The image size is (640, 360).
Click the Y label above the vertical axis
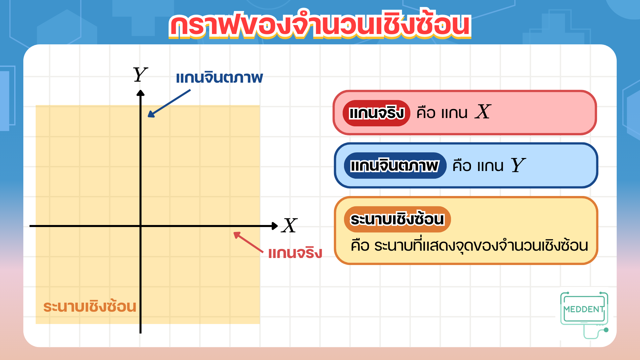pyautogui.click(x=140, y=75)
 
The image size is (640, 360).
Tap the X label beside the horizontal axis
pyautogui.click(x=289, y=225)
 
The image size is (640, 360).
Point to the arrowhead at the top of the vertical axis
pyautogui.click(x=140, y=93)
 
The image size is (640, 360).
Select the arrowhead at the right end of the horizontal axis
pyautogui.click(x=275, y=226)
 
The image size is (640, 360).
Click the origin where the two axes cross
pyautogui.click(x=140, y=226)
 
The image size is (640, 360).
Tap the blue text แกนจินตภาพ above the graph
pyautogui.click(x=219, y=78)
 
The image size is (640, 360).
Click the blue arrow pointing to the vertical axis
pyautogui.click(x=169, y=103)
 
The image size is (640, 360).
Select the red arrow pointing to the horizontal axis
pyautogui.click(x=248, y=242)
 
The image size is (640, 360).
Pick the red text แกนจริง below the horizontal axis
pyautogui.click(x=295, y=253)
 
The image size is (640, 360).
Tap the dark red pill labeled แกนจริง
pyautogui.click(x=376, y=113)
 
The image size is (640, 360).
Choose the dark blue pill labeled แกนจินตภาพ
pyautogui.click(x=395, y=166)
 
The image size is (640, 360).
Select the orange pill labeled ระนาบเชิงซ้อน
pyautogui.click(x=397, y=219)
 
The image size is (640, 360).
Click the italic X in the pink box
pyautogui.click(x=483, y=112)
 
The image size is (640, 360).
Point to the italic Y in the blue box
pyautogui.click(x=518, y=165)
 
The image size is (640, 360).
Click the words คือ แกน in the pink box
pyautogui.click(x=442, y=113)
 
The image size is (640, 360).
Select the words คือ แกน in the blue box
pyautogui.click(x=478, y=166)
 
